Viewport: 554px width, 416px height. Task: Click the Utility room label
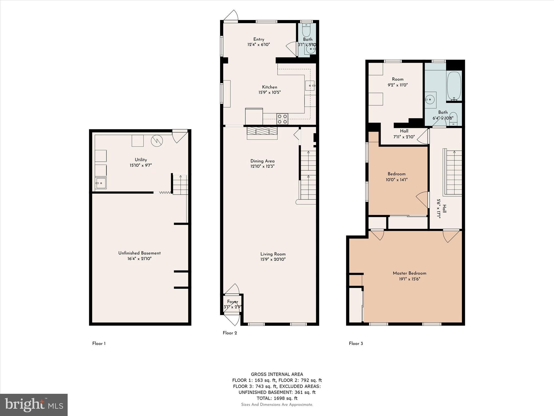tap(141, 160)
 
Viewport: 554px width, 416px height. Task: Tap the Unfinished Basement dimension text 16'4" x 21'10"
tap(139, 259)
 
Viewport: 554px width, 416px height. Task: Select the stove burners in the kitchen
tap(282, 119)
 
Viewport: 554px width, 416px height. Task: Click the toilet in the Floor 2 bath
tap(306, 30)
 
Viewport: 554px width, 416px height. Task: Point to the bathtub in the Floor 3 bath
tap(454, 86)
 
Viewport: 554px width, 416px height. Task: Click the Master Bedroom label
tap(409, 273)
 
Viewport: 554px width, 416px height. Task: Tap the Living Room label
tap(273, 254)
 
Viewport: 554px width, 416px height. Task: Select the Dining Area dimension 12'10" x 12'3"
tap(262, 166)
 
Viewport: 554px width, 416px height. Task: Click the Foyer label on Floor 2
tap(232, 302)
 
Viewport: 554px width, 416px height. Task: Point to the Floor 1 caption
tap(99, 343)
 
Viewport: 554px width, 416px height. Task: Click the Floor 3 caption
tap(356, 343)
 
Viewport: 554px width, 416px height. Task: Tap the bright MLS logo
tap(34, 405)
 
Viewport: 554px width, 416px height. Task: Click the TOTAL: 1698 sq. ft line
tap(277, 398)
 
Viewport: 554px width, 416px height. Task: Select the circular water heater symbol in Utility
tap(157, 141)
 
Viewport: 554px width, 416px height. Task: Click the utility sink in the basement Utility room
tap(101, 183)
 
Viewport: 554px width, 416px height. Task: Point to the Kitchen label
tap(269, 87)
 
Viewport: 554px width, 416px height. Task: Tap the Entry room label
tap(259, 39)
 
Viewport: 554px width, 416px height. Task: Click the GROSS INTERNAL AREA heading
tap(277, 374)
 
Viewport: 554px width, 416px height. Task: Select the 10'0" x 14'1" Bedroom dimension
tap(396, 180)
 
